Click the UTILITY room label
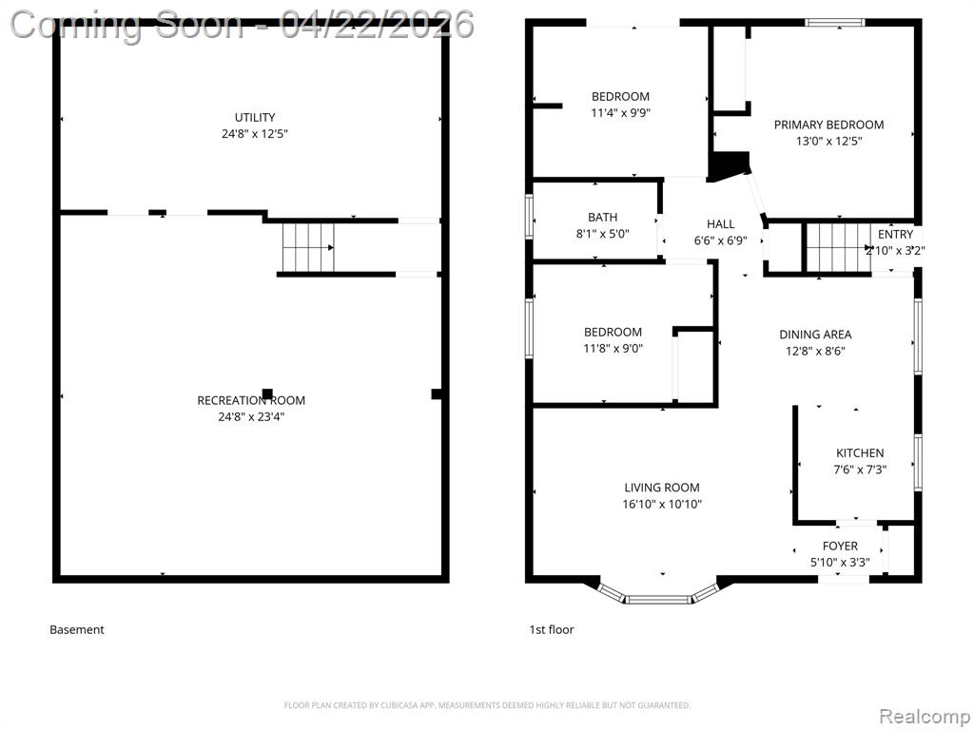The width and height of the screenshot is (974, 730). click(255, 117)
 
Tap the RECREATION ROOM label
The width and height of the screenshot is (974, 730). click(251, 400)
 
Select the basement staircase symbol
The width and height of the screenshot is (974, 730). click(309, 248)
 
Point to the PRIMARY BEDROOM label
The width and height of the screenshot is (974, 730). click(828, 125)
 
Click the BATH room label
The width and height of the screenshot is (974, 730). click(602, 218)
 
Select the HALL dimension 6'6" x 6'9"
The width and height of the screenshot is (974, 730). click(721, 240)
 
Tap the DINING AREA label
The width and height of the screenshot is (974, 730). click(815, 335)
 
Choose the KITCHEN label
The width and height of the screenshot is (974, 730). click(860, 453)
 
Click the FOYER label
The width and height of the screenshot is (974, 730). click(840, 547)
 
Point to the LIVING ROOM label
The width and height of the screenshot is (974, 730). click(662, 488)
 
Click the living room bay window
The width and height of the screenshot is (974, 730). click(658, 599)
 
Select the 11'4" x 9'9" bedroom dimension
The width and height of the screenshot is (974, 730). click(620, 113)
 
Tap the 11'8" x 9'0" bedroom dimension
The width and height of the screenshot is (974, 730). click(614, 348)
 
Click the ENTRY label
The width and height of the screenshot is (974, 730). click(895, 235)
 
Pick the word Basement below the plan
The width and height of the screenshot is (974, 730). click(77, 629)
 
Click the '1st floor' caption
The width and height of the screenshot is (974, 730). click(552, 629)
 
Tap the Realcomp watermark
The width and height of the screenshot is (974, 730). click(924, 717)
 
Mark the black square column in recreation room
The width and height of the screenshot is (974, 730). click(267, 394)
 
